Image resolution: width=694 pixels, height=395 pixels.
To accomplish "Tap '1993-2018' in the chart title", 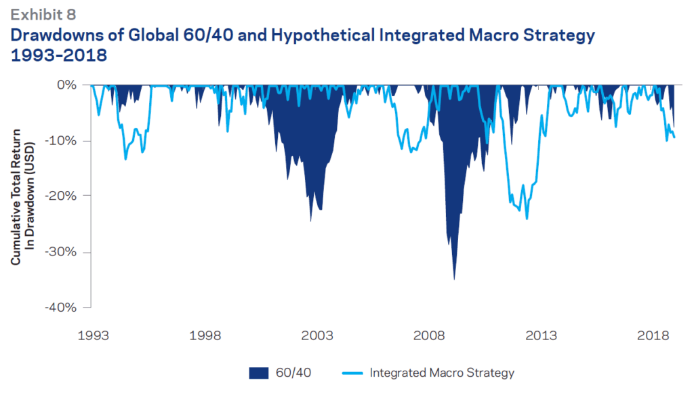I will coord(58,56).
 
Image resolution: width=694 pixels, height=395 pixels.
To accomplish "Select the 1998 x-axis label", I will coord(205,335).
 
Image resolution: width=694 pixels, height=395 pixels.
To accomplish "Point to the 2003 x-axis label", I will coord(317,335).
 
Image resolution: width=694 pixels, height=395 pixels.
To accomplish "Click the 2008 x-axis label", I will coord(429,335).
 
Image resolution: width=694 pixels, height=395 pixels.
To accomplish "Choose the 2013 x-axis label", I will coord(541,335).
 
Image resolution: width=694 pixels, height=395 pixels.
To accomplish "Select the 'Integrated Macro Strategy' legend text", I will coord(442,373).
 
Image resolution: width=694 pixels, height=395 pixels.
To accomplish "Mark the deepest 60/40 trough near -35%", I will coord(454,278).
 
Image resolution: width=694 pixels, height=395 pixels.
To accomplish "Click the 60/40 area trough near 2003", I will coord(310,220).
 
